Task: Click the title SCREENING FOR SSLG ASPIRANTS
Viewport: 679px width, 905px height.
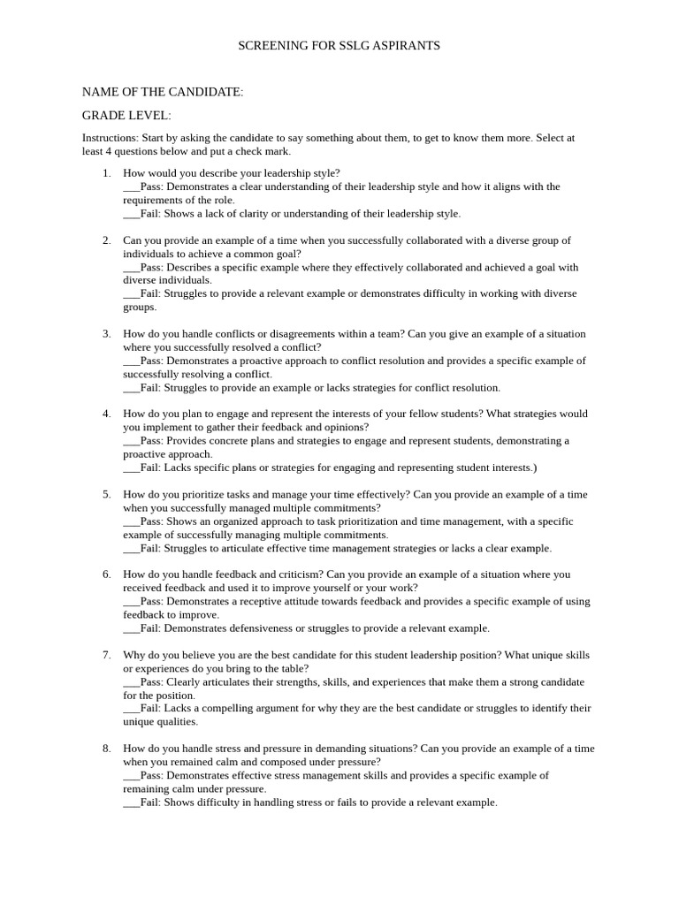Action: pos(339,45)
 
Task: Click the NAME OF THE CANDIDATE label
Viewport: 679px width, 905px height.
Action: pos(163,92)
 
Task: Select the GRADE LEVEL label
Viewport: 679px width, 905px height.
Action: pos(126,116)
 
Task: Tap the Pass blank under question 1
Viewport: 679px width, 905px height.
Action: pos(131,187)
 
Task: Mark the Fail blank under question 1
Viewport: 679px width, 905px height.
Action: pos(131,214)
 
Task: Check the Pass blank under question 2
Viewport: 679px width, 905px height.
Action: pos(131,267)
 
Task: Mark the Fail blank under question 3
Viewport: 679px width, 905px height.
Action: pos(131,388)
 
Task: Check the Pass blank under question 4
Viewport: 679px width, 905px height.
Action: pos(131,441)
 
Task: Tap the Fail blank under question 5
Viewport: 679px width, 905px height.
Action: pos(131,549)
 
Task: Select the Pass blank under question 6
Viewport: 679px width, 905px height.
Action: pos(131,602)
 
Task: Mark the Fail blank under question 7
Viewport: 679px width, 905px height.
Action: pos(131,709)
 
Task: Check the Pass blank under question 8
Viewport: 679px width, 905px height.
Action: pos(131,776)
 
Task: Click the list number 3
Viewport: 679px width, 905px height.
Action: pos(106,334)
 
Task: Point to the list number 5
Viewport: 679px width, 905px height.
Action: pos(106,495)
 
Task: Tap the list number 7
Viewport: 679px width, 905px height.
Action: pos(106,656)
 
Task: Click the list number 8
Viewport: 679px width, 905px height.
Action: pos(106,749)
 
